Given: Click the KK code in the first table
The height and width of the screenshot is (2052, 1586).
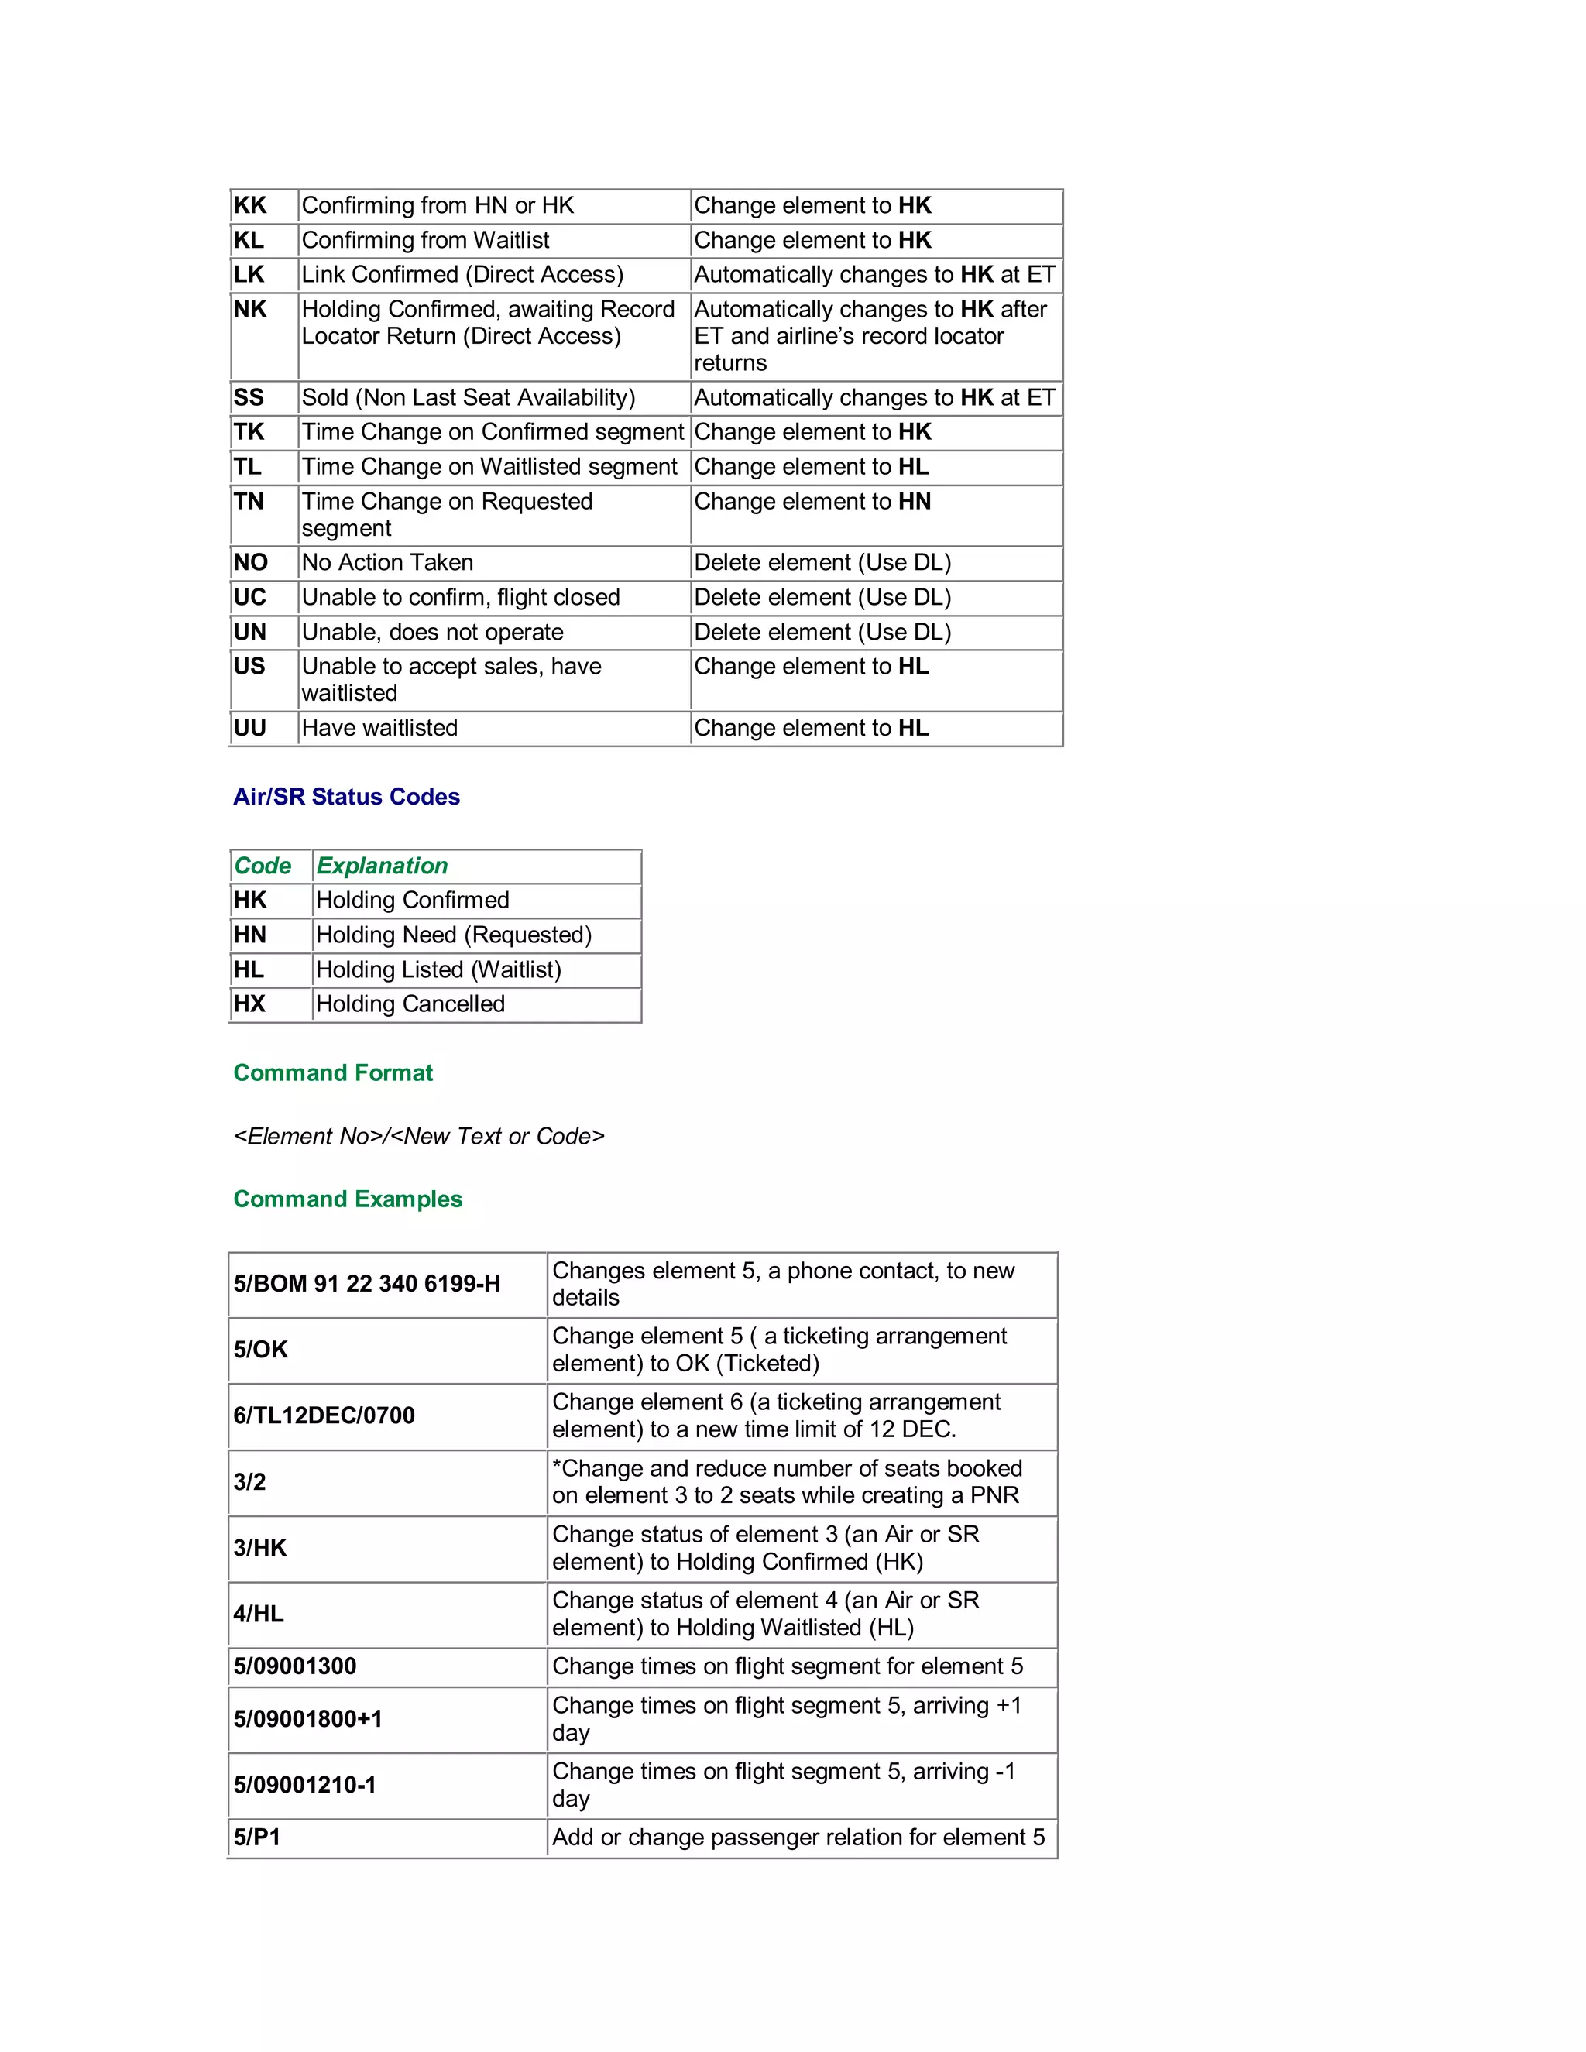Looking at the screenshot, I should [x=250, y=206].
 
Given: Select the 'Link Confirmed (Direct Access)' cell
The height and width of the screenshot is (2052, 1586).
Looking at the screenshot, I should [x=462, y=274].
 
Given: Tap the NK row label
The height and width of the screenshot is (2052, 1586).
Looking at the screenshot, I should [x=250, y=309].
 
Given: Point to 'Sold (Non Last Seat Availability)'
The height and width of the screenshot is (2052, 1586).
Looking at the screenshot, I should [x=468, y=397].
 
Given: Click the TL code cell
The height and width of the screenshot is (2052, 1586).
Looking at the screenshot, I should [x=248, y=467].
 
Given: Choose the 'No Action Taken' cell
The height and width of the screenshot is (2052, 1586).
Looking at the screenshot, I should [x=387, y=563].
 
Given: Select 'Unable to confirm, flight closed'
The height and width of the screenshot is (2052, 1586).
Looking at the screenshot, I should [x=461, y=598].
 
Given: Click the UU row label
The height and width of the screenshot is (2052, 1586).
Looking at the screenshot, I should [x=250, y=728].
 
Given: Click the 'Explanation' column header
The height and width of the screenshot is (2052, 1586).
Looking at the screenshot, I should [x=382, y=866].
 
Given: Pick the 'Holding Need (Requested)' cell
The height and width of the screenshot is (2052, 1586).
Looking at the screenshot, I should [x=454, y=935].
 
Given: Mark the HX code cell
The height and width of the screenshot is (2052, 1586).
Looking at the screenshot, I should [x=250, y=1004].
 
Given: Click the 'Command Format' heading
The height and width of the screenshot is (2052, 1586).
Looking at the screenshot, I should [x=332, y=1073].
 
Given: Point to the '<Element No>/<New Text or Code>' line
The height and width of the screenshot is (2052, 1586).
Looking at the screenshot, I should [x=419, y=1137].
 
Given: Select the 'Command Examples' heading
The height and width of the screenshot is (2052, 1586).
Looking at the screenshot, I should [x=348, y=1199].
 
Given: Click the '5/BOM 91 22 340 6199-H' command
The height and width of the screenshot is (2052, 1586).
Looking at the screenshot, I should [x=367, y=1285].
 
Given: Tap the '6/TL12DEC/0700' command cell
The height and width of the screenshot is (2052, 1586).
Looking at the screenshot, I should [x=324, y=1416].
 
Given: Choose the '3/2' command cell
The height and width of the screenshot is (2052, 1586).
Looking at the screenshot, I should [x=250, y=1483].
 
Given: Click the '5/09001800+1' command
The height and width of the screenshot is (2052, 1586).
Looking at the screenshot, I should [x=308, y=1719].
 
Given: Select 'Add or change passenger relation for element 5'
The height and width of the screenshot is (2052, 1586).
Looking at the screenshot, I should [x=798, y=1838].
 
